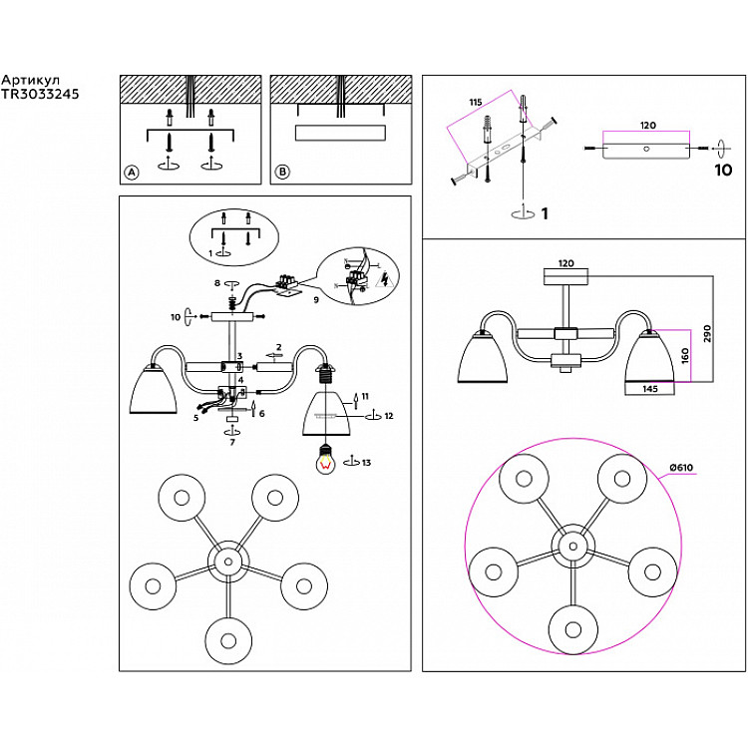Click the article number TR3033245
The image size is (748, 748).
pos(40,95)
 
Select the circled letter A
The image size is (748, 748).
pos(131,173)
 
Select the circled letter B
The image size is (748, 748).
pos(282,173)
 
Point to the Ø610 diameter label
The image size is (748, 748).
pos(681,469)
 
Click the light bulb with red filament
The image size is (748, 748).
pos(323,461)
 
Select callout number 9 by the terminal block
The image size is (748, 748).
pos(316,298)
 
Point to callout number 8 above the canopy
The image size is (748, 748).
pos(218,284)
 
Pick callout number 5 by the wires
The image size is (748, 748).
pos(196,418)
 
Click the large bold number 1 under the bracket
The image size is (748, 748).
pos(545,212)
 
